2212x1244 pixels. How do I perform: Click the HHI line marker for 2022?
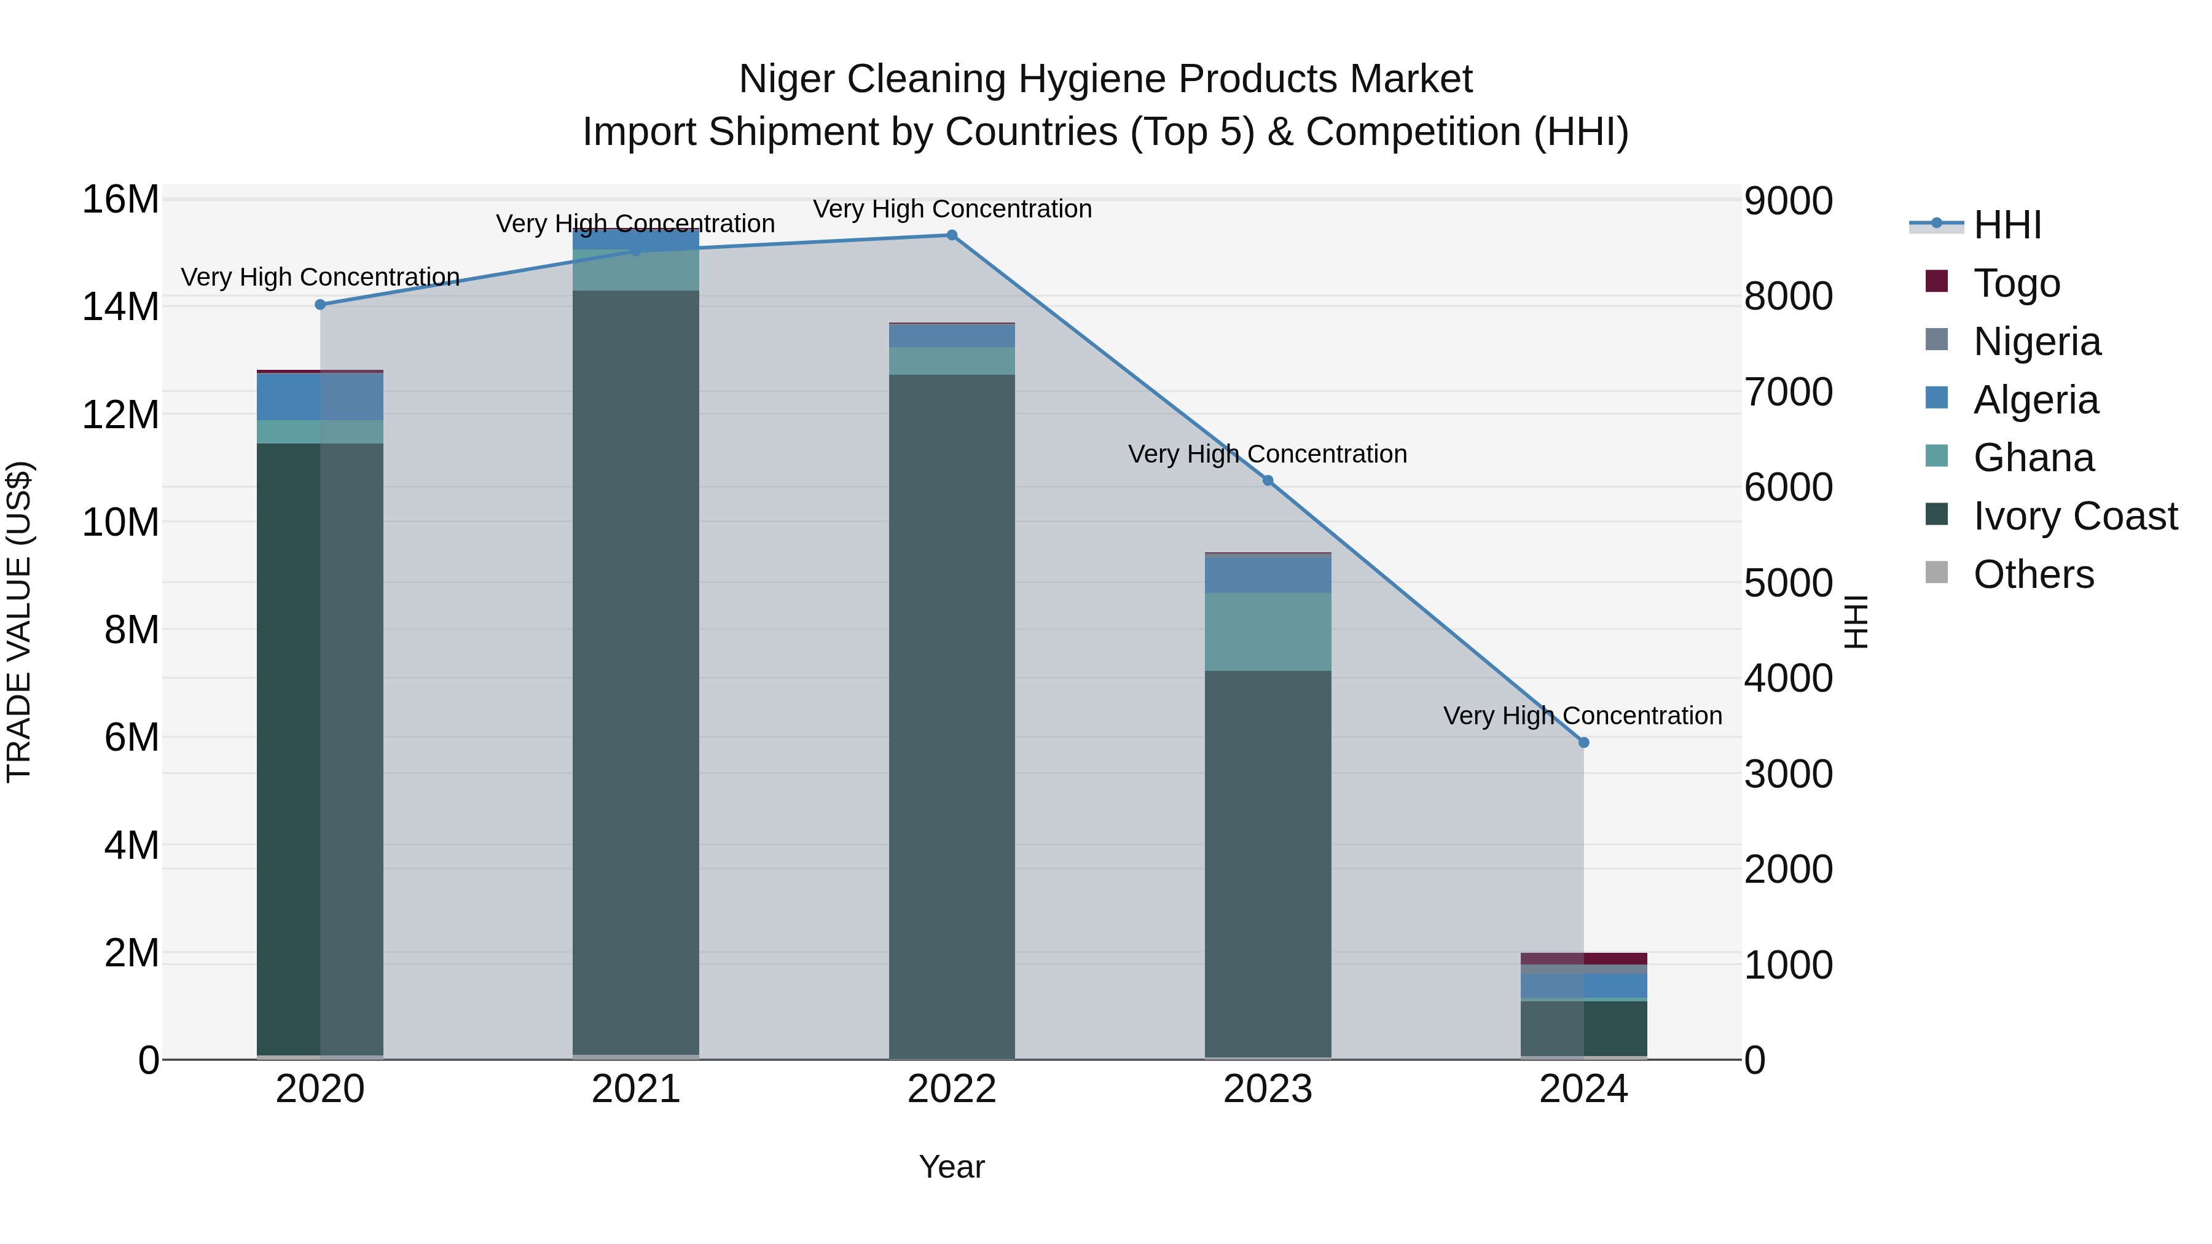pos(951,235)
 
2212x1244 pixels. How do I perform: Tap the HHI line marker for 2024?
pos(1583,743)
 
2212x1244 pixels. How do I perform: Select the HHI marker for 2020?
pos(320,305)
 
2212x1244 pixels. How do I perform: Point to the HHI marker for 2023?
pos(1268,481)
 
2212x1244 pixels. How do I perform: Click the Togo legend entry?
pos(2015,283)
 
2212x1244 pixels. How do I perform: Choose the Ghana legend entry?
pos(2033,458)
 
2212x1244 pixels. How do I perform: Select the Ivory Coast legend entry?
pos(2074,516)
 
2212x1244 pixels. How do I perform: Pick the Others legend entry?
pos(2033,574)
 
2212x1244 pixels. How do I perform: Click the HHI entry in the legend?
pos(2006,225)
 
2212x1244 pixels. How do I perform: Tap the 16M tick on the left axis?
pos(120,200)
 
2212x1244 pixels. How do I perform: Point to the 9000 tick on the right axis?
pos(1788,201)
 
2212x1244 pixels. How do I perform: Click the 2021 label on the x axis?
pos(635,1089)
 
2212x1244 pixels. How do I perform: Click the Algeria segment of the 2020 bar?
pos(320,397)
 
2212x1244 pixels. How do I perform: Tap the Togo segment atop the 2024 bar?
pos(1583,958)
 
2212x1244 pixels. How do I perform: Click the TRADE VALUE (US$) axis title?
pos(19,622)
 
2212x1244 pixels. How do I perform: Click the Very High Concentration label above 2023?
pos(1268,454)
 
